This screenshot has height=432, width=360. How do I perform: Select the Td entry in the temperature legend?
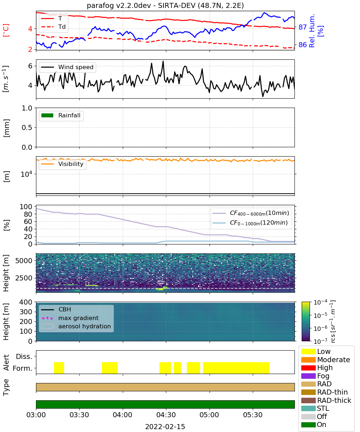tap(53, 27)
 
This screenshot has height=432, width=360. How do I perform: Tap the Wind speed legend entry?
tap(67, 67)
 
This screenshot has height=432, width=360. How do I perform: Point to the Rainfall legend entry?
tap(61, 115)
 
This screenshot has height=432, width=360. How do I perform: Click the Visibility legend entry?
tap(62, 164)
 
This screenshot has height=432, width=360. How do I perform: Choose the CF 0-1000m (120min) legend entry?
tap(250, 223)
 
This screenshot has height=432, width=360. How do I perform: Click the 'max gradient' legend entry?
tap(70, 318)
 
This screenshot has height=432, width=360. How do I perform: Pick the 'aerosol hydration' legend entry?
tap(76, 326)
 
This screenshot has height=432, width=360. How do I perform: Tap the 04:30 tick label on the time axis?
tap(166, 415)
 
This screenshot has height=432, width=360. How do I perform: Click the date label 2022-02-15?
tap(165, 427)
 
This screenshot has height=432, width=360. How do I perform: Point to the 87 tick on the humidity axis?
tap(302, 27)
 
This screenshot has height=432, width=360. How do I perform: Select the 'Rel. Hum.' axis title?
tap(312, 31)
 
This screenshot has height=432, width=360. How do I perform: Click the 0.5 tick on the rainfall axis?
tap(27, 128)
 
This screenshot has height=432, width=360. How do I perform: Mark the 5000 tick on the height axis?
tap(24, 261)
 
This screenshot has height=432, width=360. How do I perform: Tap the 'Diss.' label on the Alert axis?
tap(24, 356)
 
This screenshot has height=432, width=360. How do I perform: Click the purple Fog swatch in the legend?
tap(308, 376)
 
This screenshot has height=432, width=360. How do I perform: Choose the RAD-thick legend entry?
tap(326, 400)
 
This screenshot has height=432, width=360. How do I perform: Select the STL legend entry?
tap(315, 408)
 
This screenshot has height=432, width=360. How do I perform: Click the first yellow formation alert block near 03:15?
tap(59, 368)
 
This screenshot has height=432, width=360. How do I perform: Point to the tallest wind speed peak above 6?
tap(163, 61)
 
